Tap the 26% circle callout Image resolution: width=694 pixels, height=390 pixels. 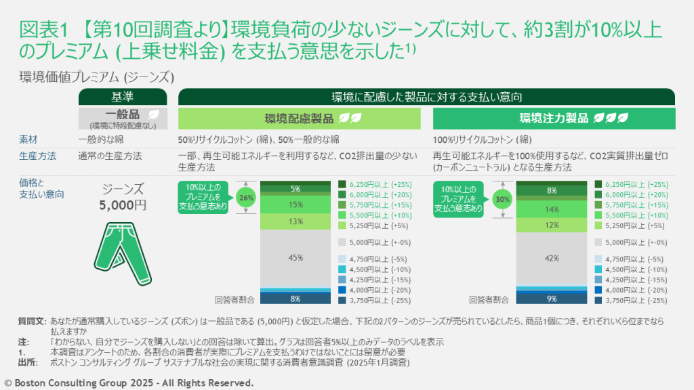point(247,199)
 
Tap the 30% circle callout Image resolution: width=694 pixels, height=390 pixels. point(503,200)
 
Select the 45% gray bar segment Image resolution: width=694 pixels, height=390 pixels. point(295,257)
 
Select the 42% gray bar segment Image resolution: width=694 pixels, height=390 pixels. point(551,257)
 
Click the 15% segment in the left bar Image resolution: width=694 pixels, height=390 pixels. point(295,204)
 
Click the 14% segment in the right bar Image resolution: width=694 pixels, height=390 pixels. point(551,209)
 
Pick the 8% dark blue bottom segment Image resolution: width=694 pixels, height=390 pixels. point(295,298)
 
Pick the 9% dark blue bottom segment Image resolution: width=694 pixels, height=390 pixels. point(551,298)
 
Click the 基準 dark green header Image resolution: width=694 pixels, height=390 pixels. point(122,96)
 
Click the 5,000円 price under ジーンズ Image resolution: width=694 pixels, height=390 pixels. point(123,205)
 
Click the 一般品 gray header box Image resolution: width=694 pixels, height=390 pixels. point(122,118)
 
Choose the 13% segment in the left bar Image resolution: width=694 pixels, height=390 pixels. point(295,221)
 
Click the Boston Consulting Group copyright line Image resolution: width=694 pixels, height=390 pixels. point(129,383)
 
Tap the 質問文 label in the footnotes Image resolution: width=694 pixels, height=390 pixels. point(31,320)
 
